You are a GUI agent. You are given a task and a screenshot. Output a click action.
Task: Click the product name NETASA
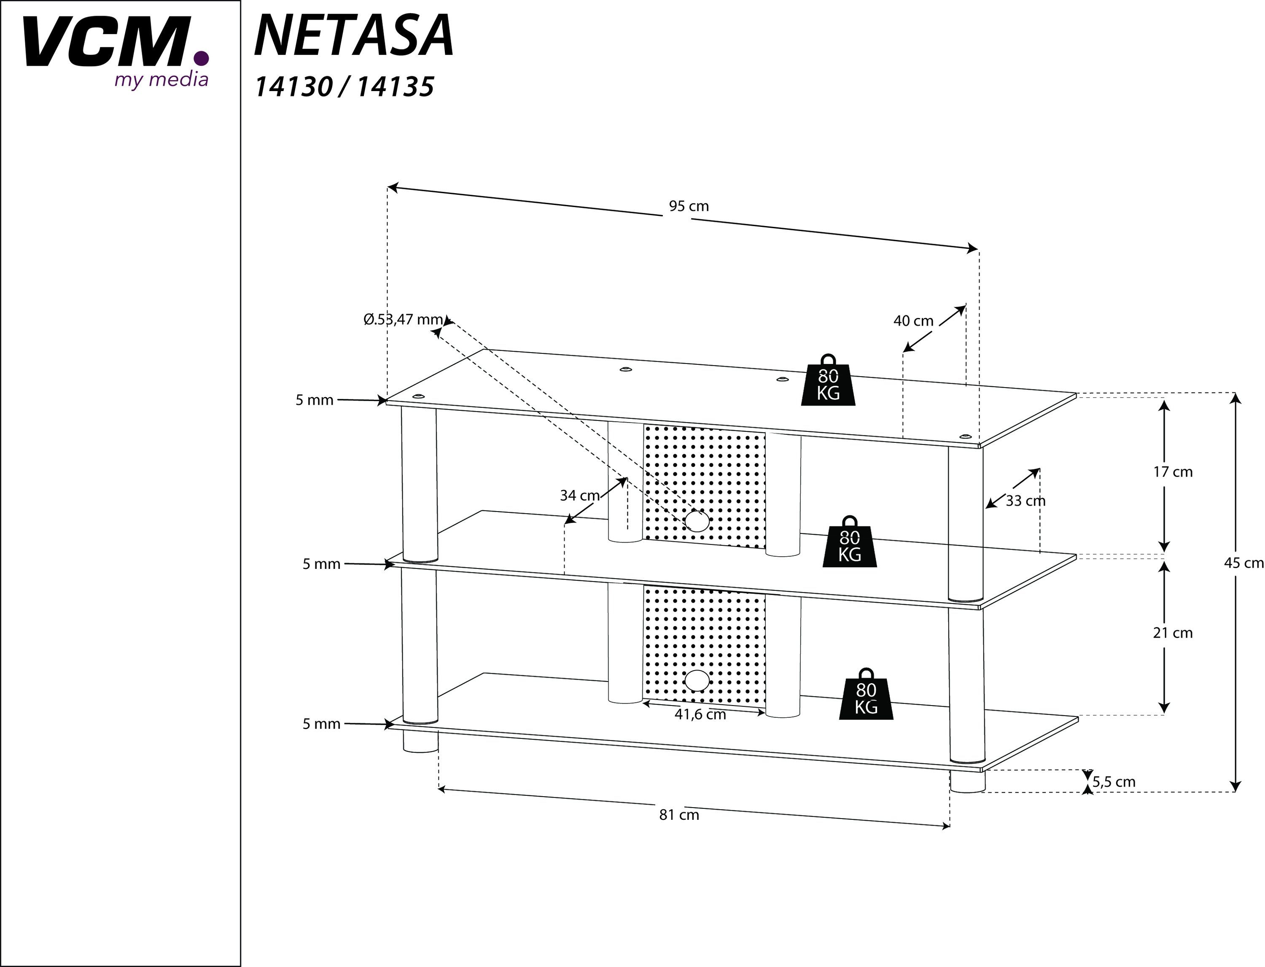(x=353, y=36)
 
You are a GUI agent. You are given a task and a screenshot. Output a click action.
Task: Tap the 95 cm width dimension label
(x=688, y=206)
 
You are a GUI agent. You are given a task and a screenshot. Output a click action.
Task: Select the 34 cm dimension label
(x=579, y=495)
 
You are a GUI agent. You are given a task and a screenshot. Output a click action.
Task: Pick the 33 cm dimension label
(x=1025, y=501)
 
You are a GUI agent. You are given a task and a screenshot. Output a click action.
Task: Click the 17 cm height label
(x=1172, y=472)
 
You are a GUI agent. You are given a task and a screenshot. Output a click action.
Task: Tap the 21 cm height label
(x=1172, y=633)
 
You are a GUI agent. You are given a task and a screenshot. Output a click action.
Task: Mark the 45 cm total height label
(x=1243, y=563)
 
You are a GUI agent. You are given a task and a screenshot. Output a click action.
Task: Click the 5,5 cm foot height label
(x=1114, y=782)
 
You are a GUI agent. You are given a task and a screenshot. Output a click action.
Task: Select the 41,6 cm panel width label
(x=700, y=714)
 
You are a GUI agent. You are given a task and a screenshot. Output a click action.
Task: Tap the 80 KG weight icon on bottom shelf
(x=866, y=694)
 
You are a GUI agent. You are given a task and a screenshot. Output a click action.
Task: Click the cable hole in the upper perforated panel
(x=697, y=521)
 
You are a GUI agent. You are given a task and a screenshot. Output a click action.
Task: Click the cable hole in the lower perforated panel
(x=697, y=680)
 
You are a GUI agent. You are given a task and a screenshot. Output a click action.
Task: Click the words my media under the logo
(x=161, y=79)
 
